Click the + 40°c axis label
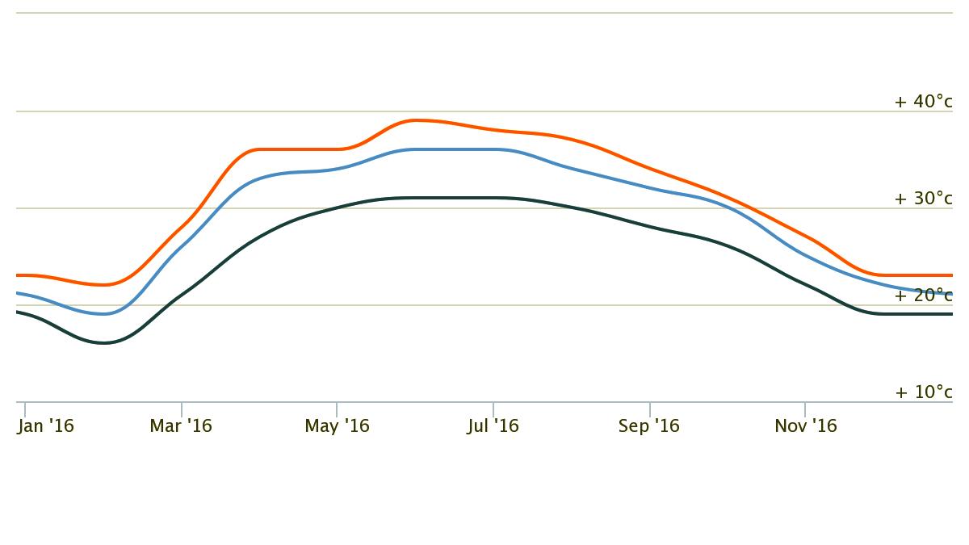923,102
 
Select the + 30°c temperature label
923,199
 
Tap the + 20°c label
923,296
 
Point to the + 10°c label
923,392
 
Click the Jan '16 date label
45,426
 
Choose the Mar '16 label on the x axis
181,426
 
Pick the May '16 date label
337,426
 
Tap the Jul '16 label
493,426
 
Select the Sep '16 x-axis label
649,426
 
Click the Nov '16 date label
806,426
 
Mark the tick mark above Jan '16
25,409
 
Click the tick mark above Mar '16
182,409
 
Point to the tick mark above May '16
337,409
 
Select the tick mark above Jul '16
493,409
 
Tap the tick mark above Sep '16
650,409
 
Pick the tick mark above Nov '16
805,409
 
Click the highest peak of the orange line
416,120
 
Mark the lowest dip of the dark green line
104,343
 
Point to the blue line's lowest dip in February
104,314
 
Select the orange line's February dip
104,284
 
